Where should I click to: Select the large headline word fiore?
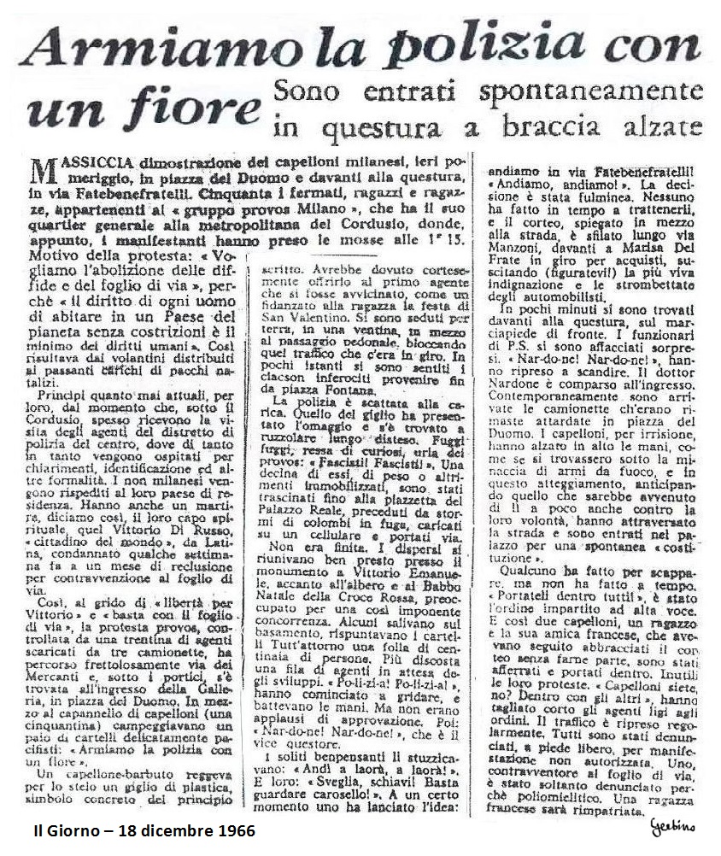(192, 108)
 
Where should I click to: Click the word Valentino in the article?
(312, 310)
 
